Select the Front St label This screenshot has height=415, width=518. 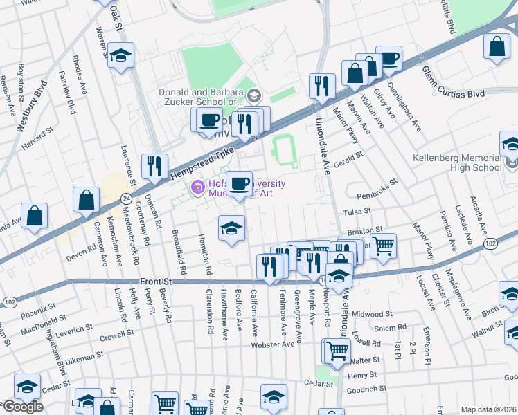(x=154, y=282)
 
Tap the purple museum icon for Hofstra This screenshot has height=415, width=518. (x=198, y=186)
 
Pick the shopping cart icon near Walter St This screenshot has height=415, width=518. (x=337, y=351)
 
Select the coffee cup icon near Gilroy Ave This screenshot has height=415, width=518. (x=389, y=59)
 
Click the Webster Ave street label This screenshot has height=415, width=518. (x=269, y=344)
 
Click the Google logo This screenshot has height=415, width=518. (x=23, y=406)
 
